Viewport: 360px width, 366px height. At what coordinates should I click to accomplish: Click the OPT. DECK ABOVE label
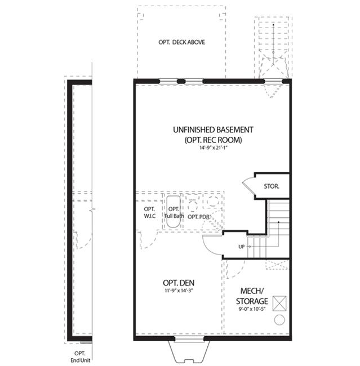point(181,42)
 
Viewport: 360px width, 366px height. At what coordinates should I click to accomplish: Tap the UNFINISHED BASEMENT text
point(213,130)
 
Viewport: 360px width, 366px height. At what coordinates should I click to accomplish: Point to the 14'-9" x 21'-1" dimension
point(214,148)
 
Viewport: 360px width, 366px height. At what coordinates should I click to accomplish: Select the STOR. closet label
point(272,186)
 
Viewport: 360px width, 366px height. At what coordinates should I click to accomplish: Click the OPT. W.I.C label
point(149,212)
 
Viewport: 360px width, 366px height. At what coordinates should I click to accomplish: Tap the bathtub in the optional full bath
point(174,212)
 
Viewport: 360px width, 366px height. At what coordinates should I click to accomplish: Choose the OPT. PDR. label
point(198,217)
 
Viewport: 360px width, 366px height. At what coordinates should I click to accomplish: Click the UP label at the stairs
point(241,247)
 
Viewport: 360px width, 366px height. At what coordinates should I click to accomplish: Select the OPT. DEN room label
point(179,283)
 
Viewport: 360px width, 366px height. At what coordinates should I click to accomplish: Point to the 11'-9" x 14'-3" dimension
point(178,291)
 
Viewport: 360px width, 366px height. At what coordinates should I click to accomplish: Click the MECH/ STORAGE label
point(252,296)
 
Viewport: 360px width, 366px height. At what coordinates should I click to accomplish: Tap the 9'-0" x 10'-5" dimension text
point(252,309)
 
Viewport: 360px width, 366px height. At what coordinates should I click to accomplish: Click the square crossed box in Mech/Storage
point(279,303)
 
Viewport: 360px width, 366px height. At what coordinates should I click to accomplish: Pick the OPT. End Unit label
point(80,357)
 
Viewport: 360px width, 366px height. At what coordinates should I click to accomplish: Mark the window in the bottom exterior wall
point(189,339)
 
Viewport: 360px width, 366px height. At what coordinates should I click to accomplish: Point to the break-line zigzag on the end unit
point(93,210)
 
